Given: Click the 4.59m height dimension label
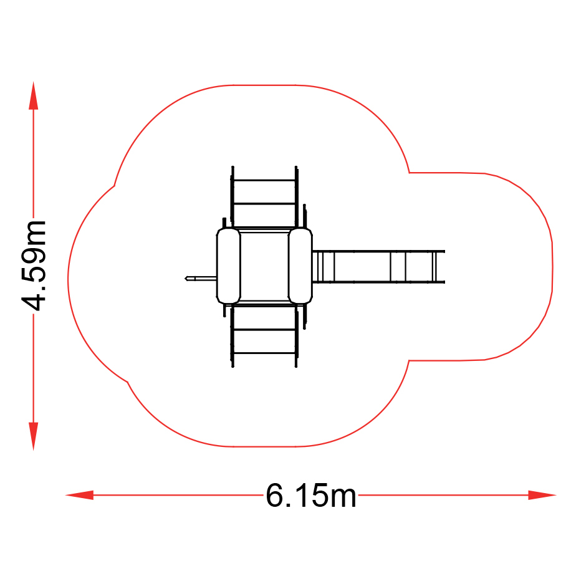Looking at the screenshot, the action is tap(34, 266).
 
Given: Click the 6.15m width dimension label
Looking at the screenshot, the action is tap(310, 495).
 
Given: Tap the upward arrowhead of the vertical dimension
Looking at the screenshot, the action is tap(34, 95).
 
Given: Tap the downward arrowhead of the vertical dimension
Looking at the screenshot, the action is tap(34, 436).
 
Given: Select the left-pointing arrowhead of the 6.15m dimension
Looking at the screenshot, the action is tap(79, 495).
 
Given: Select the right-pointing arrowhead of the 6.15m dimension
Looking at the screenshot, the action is tap(542, 495).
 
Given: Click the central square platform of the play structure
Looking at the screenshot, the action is tap(264, 266).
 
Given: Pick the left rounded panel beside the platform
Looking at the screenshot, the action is tap(228, 266).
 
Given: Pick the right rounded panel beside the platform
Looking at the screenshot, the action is tap(300, 266).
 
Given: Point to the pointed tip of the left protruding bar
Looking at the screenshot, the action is tap(185, 279).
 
